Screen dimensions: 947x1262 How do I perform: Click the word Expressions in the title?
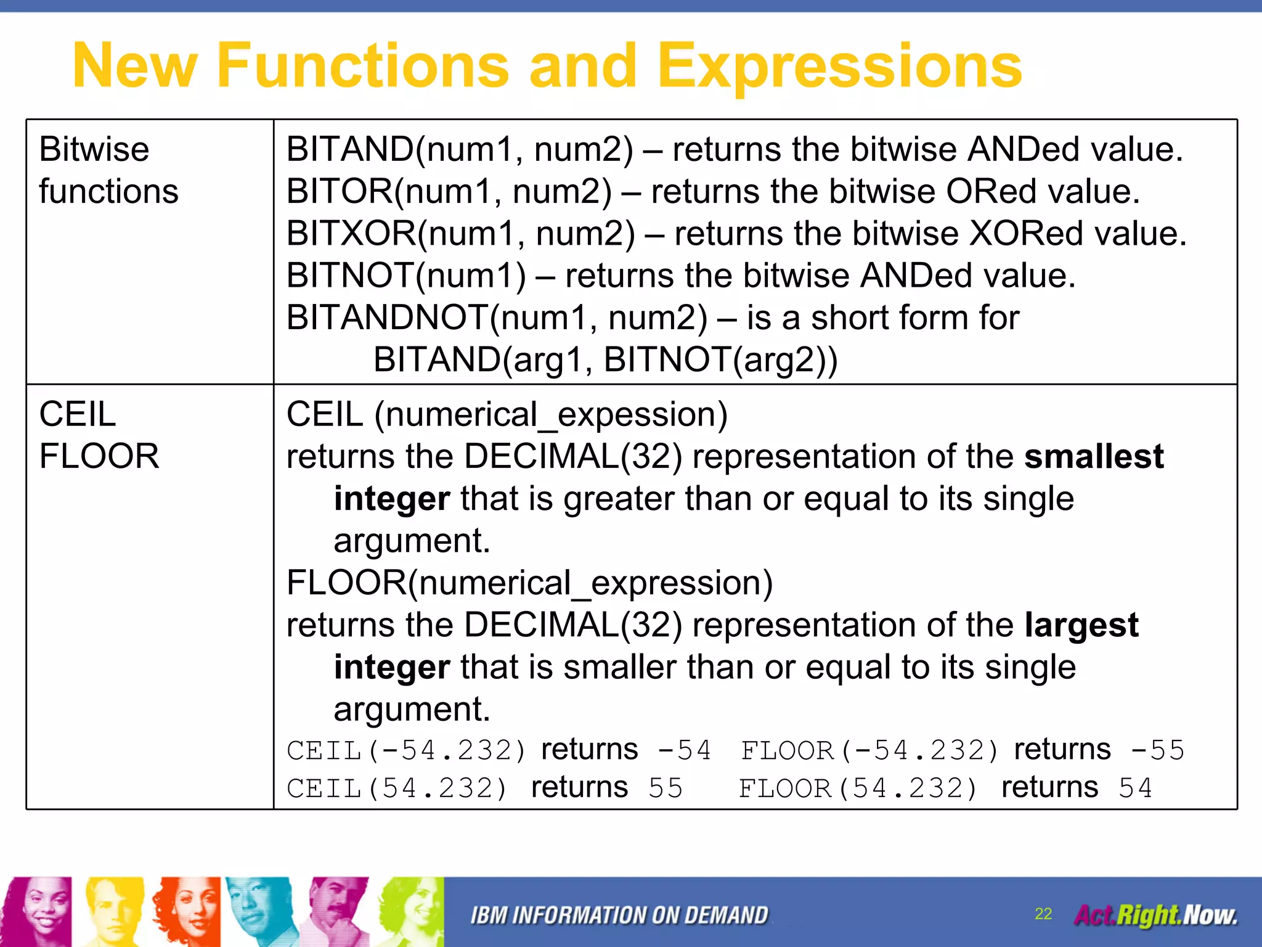pyautogui.click(x=840, y=67)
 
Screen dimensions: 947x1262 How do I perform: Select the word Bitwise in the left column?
pyautogui.click(x=94, y=149)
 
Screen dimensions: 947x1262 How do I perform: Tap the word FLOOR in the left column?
pyautogui.click(x=99, y=456)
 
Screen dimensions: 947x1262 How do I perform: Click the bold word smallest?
pyautogui.click(x=1094, y=457)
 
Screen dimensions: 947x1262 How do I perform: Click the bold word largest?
pyautogui.click(x=1081, y=625)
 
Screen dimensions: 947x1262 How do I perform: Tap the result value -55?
pyautogui.click(x=1158, y=750)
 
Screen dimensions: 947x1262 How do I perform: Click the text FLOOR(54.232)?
pyautogui.click(x=858, y=789)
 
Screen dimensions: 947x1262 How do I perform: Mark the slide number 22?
pyautogui.click(x=1043, y=914)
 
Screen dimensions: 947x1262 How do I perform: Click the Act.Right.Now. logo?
pyautogui.click(x=1155, y=915)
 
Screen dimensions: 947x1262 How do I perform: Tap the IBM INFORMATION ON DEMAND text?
pyautogui.click(x=619, y=916)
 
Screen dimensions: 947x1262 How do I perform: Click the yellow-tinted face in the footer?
pyautogui.click(x=111, y=911)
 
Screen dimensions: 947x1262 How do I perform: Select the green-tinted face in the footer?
pyautogui.click(x=411, y=911)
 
